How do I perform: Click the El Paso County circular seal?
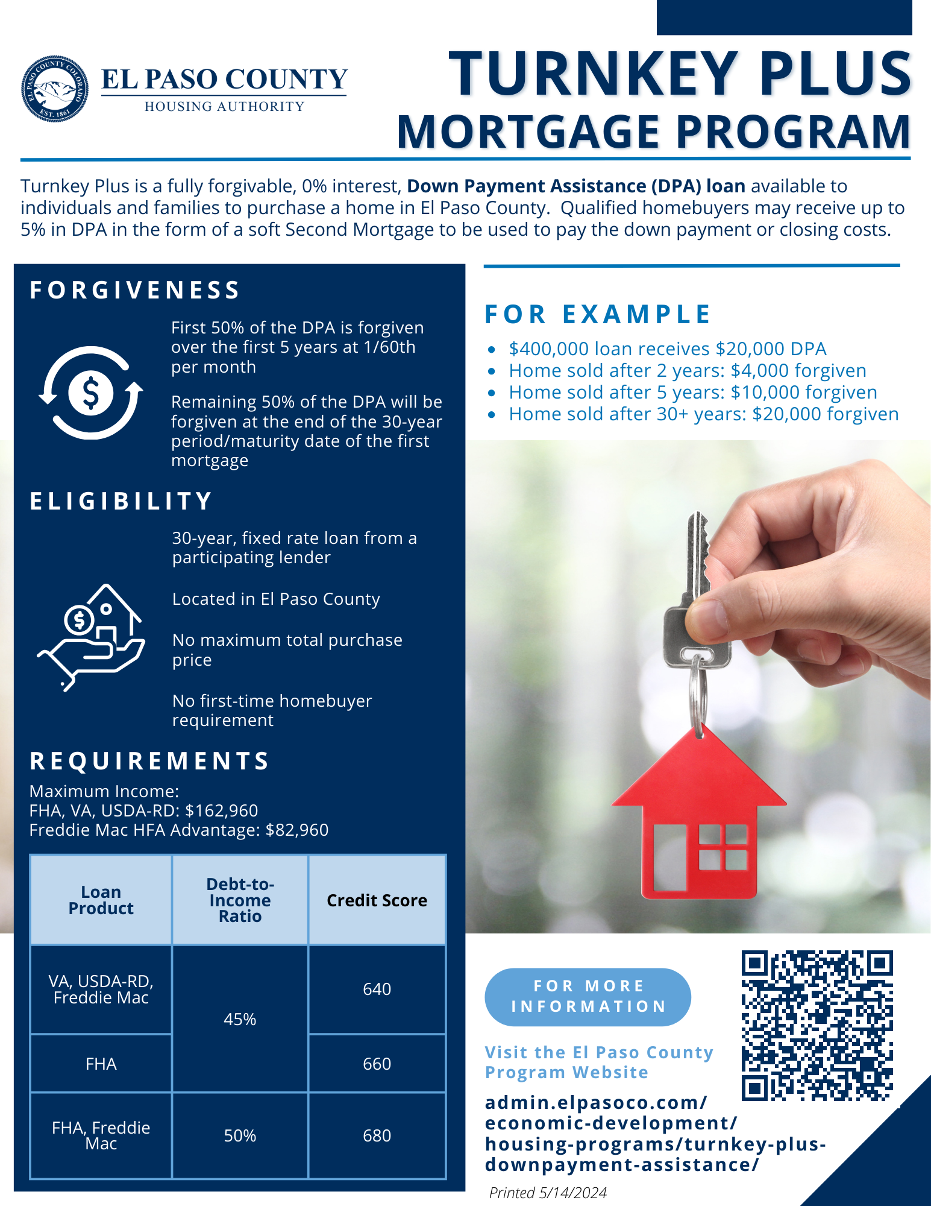click(x=55, y=89)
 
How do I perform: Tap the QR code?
click(x=817, y=1025)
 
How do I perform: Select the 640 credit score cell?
click(x=377, y=989)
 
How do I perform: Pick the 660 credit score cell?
click(x=377, y=1064)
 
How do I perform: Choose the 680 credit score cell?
click(x=377, y=1135)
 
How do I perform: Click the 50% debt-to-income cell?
click(x=240, y=1135)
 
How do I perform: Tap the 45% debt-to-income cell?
click(x=240, y=1019)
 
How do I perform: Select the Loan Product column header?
click(x=101, y=900)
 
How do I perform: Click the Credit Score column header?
click(x=377, y=900)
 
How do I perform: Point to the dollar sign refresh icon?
click(x=90, y=393)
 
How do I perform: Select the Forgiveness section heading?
click(x=135, y=290)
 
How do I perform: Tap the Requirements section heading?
click(x=149, y=761)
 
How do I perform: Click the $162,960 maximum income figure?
click(x=221, y=810)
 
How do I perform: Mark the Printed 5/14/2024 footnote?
click(x=548, y=1192)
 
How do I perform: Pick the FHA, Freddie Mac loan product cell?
click(x=101, y=1135)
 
